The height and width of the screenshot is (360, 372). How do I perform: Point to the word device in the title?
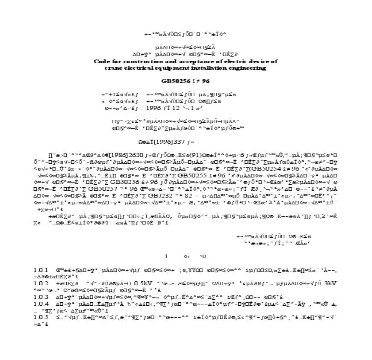coord(260,62)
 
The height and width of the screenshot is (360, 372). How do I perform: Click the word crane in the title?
coord(113,68)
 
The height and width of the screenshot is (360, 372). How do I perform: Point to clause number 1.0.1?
coord(41,271)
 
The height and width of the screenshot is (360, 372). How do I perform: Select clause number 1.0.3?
coord(41,297)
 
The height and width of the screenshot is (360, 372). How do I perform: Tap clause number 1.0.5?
coord(41,317)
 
